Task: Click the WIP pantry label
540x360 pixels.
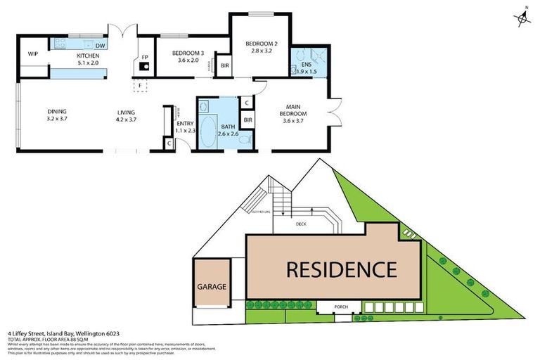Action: coord(32,53)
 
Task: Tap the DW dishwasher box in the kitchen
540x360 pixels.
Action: coord(101,46)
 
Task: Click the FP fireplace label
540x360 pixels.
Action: coord(144,57)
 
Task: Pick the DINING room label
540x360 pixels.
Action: coord(57,115)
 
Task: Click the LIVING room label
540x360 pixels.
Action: coord(126,115)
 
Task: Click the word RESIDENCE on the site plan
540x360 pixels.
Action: coord(340,269)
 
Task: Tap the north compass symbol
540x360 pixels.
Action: coord(522,20)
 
